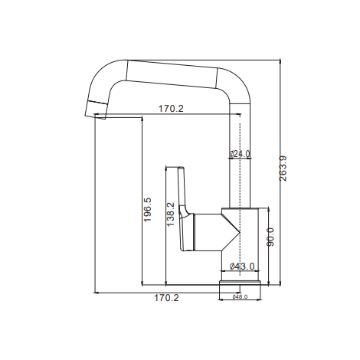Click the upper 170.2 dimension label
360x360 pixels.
[171, 109]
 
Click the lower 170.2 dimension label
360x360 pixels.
[166, 298]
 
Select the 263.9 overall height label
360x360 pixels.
[283, 169]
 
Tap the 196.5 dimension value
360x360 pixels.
[147, 210]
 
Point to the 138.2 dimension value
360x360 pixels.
[170, 214]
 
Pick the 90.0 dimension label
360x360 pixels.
[270, 237]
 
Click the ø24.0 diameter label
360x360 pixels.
[240, 154]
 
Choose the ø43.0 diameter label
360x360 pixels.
[242, 267]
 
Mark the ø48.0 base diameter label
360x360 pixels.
[240, 296]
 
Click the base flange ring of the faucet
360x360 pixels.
[240, 283]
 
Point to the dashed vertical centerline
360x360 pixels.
[240, 199]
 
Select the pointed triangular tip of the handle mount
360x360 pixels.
[239, 232]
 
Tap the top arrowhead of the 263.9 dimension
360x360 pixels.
[280, 61]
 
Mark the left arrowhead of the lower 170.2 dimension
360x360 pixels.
[97, 293]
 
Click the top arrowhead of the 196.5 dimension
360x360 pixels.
[142, 119]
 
